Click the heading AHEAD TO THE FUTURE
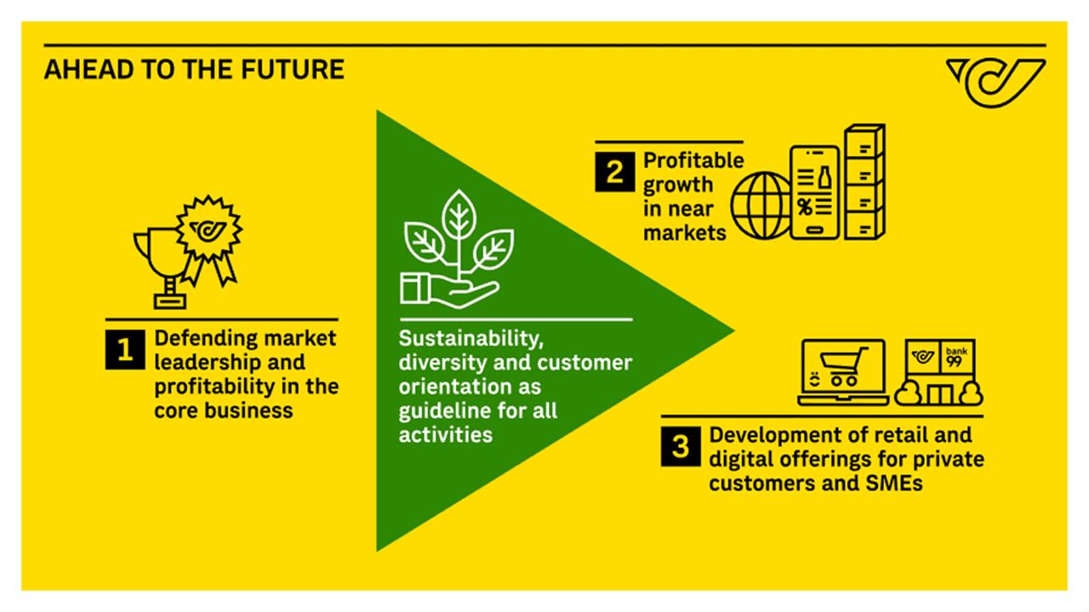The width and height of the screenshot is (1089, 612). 194,69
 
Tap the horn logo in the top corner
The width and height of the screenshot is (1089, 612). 995,82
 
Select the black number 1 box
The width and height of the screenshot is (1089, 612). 125,349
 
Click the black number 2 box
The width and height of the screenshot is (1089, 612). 614,172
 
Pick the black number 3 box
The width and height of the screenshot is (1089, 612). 681,446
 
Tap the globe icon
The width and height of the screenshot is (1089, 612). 761,206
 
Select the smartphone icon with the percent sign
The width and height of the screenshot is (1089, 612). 815,192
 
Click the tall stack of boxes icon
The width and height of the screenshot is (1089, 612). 864,182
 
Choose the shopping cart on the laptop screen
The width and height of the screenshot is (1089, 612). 843,366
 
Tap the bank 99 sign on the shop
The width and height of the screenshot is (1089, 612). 957,357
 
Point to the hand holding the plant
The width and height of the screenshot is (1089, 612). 450,290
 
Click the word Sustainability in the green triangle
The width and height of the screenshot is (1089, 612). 470,339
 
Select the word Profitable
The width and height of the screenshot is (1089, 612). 693,161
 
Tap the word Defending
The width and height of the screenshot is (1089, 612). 201,339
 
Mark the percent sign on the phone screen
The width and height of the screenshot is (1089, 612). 805,207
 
